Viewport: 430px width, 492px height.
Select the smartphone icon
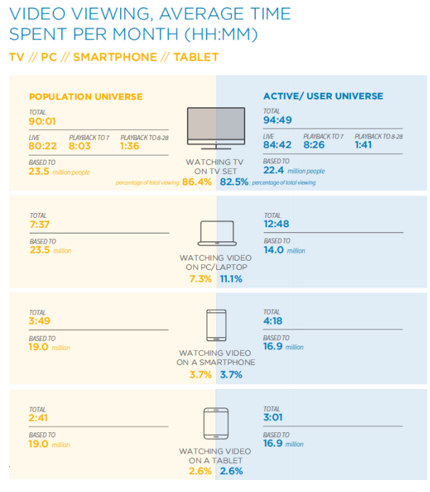click(215, 327)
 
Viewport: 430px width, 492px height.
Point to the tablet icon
click(215, 424)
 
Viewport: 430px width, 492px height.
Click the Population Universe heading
click(85, 97)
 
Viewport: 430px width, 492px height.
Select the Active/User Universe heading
click(323, 96)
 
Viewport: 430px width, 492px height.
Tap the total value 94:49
click(279, 120)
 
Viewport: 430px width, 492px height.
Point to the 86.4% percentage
click(197, 182)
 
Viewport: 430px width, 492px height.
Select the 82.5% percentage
click(235, 182)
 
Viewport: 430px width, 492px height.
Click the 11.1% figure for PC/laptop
click(232, 279)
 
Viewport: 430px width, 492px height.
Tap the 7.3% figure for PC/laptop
click(200, 279)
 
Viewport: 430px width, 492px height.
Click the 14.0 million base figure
click(274, 250)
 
